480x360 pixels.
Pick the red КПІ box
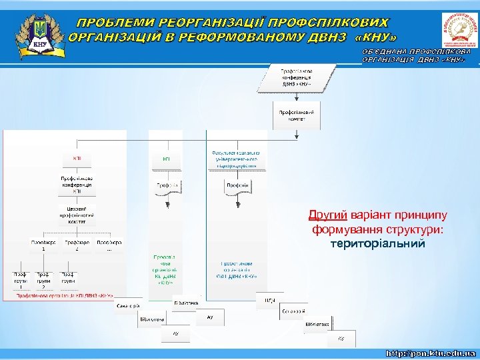pyautogui.click(x=77, y=158)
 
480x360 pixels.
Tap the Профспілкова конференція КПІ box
pyautogui.click(x=77, y=185)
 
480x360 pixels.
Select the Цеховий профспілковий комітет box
pyautogui.click(x=77, y=218)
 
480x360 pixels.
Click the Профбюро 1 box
pyautogui.click(x=43, y=245)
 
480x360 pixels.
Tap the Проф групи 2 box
pyautogui.click(x=43, y=280)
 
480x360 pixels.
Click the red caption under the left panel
pyautogui.click(x=64, y=295)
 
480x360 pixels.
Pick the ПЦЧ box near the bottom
pyautogui.click(x=269, y=301)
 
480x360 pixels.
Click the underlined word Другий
pyautogui.click(x=327, y=215)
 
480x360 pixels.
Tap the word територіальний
pyautogui.click(x=377, y=243)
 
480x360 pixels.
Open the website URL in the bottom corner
pyautogui.click(x=432, y=351)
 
